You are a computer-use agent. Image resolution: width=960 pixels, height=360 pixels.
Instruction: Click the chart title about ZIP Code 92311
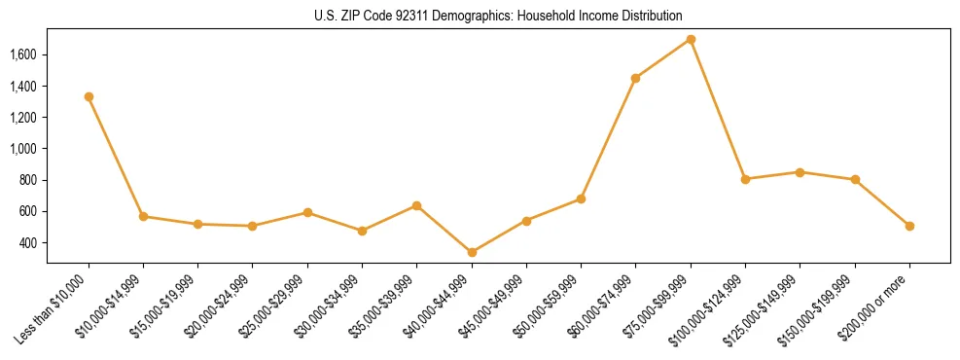498,16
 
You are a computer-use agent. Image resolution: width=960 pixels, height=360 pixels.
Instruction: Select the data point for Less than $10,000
89,96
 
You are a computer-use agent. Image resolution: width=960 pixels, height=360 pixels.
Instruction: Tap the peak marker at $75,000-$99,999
691,40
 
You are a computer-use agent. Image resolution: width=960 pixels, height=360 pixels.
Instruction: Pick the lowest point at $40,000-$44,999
472,252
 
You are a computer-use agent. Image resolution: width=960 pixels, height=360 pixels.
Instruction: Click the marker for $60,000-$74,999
635,78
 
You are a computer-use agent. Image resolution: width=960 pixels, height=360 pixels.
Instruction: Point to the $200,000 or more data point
909,226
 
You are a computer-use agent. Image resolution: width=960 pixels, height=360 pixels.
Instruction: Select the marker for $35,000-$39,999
417,205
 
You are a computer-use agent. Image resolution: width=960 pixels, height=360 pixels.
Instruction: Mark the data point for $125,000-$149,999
800,172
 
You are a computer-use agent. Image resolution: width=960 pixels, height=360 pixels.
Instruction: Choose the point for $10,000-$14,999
144,216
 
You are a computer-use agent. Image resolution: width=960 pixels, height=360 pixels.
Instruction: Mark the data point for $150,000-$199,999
855,179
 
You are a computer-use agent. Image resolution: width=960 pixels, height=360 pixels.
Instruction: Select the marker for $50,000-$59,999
581,198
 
